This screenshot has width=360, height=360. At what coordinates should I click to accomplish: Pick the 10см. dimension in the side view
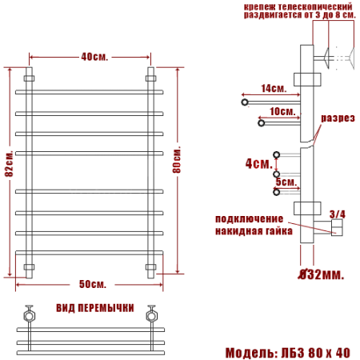click(282, 111)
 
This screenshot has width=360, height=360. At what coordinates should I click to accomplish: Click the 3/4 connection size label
click(337, 214)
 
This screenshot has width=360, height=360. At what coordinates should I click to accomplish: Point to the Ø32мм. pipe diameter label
click(320, 275)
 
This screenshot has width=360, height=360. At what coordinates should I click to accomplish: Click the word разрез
click(338, 118)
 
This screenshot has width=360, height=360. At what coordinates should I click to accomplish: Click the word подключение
click(249, 219)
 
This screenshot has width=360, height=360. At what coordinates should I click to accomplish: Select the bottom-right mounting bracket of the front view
click(150, 266)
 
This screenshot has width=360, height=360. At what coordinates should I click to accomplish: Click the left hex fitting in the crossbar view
click(30, 315)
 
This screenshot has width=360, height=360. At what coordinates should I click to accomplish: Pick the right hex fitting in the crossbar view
click(150, 315)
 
